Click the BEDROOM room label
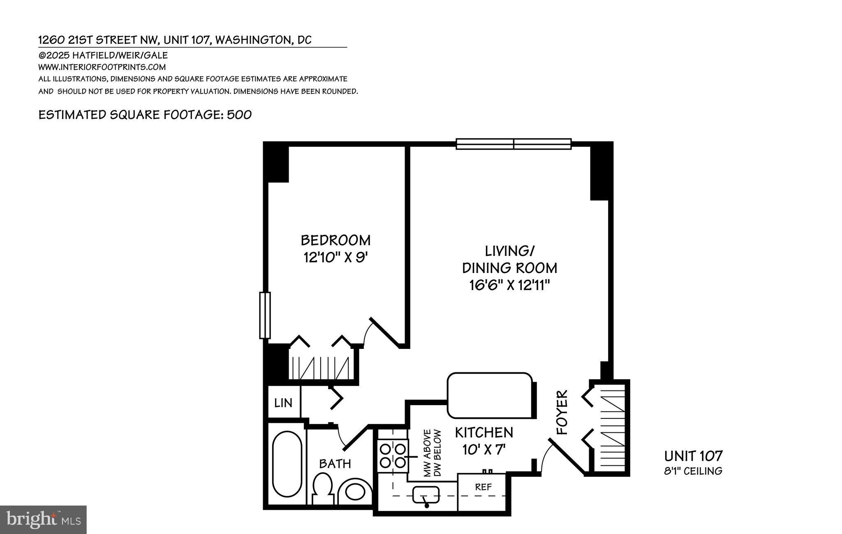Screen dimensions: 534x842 pos(335,240)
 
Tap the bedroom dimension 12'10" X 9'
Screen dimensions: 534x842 pos(335,258)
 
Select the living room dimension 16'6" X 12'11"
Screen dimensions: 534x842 pos(509,285)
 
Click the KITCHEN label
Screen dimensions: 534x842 pos(484,432)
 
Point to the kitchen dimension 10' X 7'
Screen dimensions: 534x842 pos(483,450)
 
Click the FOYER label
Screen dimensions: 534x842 pos(562,412)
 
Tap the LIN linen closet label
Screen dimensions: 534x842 pos(283,402)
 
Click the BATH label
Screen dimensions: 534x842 pos(335,464)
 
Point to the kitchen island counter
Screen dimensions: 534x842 pos(490,395)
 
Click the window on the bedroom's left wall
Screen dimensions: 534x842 pos(265,315)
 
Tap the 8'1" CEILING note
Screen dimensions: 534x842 pos(693,471)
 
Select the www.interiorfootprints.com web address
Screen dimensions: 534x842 pos(102,67)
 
